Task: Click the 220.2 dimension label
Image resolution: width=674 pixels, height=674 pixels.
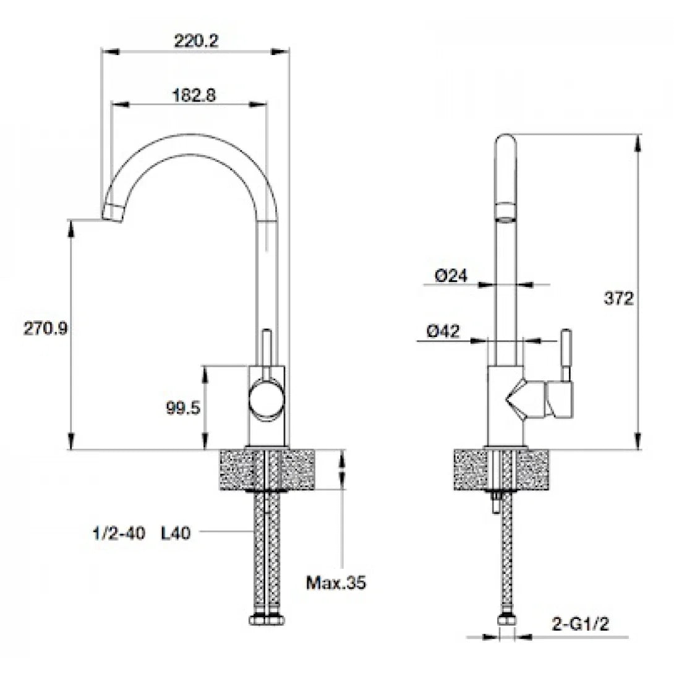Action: pos(196,41)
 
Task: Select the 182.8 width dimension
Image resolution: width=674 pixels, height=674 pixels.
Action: pos(194,95)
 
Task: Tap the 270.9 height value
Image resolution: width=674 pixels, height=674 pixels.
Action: pos(45,329)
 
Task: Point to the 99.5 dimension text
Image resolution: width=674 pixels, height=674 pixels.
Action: pos(183,407)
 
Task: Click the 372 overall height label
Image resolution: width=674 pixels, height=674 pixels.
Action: pos(618,298)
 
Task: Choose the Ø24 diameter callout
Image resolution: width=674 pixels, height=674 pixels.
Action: pos(451,276)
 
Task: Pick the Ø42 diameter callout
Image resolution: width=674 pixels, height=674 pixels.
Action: pos(443,331)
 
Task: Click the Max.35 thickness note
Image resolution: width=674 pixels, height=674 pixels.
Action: pos(336,583)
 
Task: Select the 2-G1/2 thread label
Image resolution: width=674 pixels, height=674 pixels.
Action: pos(580,624)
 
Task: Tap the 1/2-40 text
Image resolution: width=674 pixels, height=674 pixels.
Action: pos(119,534)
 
